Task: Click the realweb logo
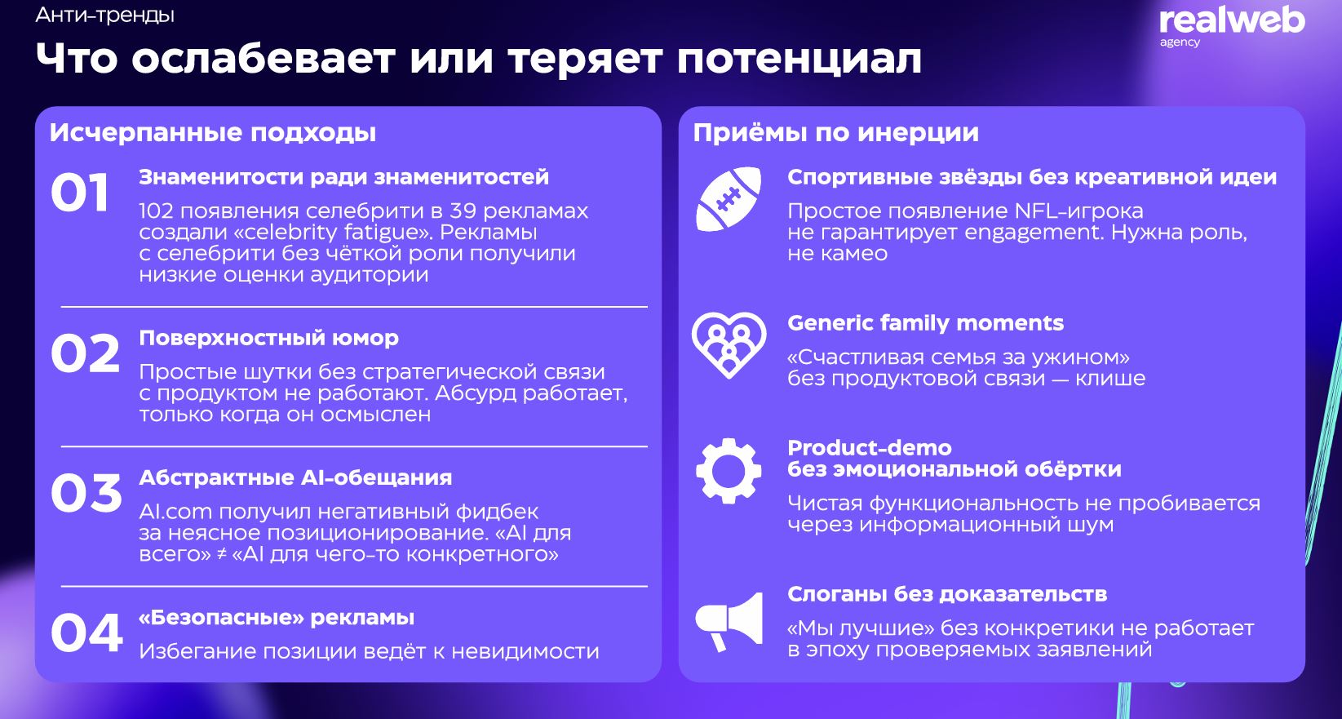[1232, 20]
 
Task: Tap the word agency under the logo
[1180, 42]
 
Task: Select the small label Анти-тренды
[105, 15]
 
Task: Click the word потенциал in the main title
[799, 59]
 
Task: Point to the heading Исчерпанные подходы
[213, 132]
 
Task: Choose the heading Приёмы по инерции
[835, 132]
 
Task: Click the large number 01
[80, 193]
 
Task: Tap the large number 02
[85, 353]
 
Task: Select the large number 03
[86, 493]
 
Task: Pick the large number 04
[86, 632]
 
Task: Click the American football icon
[729, 199]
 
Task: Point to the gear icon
[729, 471]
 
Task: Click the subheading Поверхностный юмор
[268, 338]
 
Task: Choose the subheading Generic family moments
[925, 323]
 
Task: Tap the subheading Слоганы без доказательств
[946, 594]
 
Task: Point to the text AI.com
[175, 512]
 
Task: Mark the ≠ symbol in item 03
[221, 554]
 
